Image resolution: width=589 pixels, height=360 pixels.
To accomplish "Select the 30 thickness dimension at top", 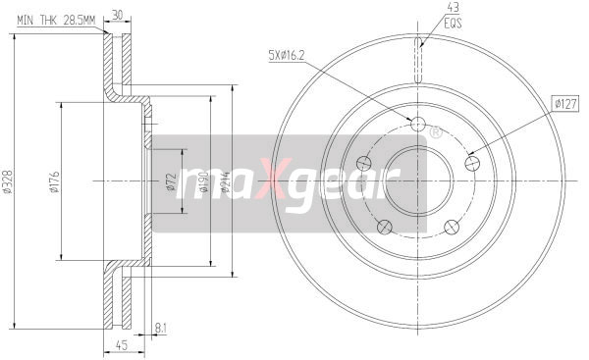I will [x=118, y=14].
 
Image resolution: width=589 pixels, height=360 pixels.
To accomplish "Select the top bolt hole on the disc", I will [x=417, y=126].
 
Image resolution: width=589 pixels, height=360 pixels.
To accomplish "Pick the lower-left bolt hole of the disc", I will [x=384, y=229].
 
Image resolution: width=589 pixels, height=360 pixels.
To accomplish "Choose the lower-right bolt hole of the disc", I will [x=453, y=229].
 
